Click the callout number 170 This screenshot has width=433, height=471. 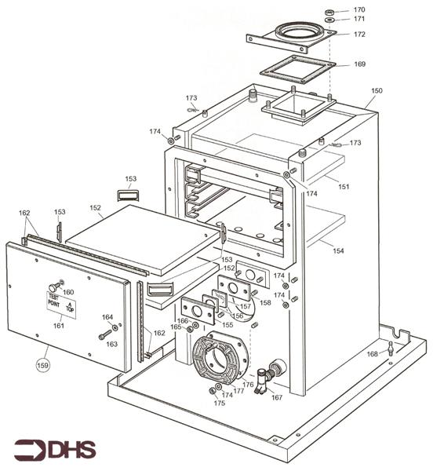(359, 9)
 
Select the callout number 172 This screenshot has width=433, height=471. (359, 35)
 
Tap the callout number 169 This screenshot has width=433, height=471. (359, 64)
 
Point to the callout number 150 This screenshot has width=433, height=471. (377, 91)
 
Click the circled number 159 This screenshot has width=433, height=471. (44, 364)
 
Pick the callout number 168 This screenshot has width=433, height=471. (372, 354)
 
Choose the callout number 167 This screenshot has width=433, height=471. (276, 397)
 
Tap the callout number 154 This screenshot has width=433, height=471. (338, 250)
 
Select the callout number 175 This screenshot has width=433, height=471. (220, 403)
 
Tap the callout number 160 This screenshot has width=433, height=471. (68, 292)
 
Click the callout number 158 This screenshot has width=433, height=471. (265, 302)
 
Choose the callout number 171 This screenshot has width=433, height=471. (359, 19)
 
